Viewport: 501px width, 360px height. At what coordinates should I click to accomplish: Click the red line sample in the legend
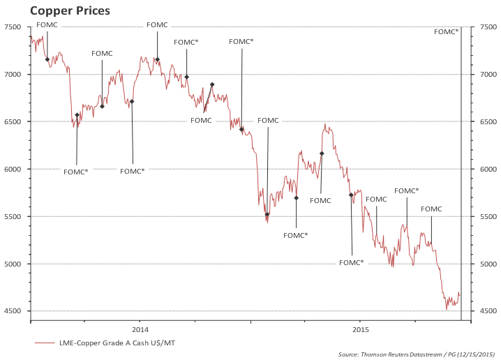tap(44, 343)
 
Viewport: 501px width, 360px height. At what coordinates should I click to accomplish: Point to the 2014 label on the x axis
tap(140, 329)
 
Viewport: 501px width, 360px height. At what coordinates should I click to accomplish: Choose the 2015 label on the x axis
tap(361, 329)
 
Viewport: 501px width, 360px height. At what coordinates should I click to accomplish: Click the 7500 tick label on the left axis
tap(13, 27)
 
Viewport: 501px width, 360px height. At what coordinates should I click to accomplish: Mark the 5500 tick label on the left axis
tap(13, 216)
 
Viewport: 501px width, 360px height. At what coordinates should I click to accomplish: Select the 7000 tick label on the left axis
tap(13, 74)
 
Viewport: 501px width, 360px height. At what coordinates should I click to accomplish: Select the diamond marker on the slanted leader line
tap(212, 84)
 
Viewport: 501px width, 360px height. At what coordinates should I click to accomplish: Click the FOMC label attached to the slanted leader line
tap(201, 120)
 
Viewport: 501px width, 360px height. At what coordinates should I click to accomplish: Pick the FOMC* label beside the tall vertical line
tap(446, 31)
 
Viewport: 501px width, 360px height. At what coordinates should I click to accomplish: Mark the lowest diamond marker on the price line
tap(267, 215)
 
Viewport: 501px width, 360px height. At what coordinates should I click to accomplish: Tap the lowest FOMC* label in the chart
tap(351, 262)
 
